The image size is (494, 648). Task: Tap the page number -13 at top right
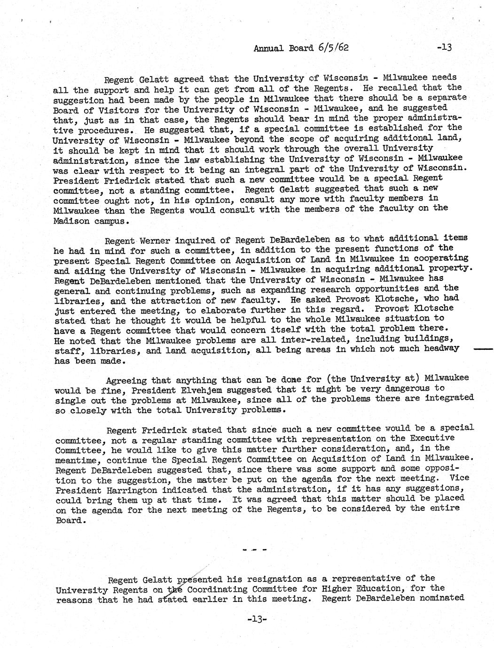coord(444,47)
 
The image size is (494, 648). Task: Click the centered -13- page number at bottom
coord(257,619)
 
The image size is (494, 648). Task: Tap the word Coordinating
coord(217,589)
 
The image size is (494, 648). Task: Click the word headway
coord(441,348)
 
